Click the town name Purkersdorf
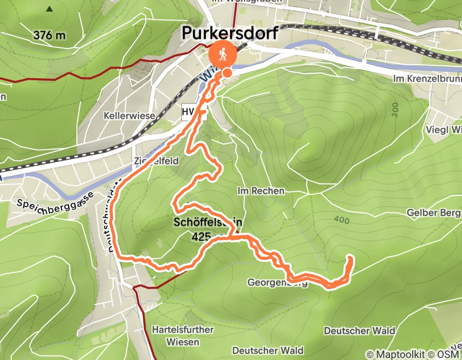pyautogui.click(x=230, y=33)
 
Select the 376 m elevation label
pyautogui.click(x=50, y=35)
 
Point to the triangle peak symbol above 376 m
pyautogui.click(x=49, y=9)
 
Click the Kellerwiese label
pyautogui.click(x=129, y=116)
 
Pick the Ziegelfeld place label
pyautogui.click(x=156, y=161)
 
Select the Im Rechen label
pyautogui.click(x=261, y=191)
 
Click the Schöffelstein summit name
pyautogui.click(x=208, y=223)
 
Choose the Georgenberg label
pyautogui.click(x=277, y=282)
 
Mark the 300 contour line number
pyautogui.click(x=395, y=110)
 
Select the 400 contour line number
pyautogui.click(x=341, y=221)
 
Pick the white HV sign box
pyautogui.click(x=188, y=112)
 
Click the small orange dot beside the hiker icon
pyautogui.click(x=226, y=73)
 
